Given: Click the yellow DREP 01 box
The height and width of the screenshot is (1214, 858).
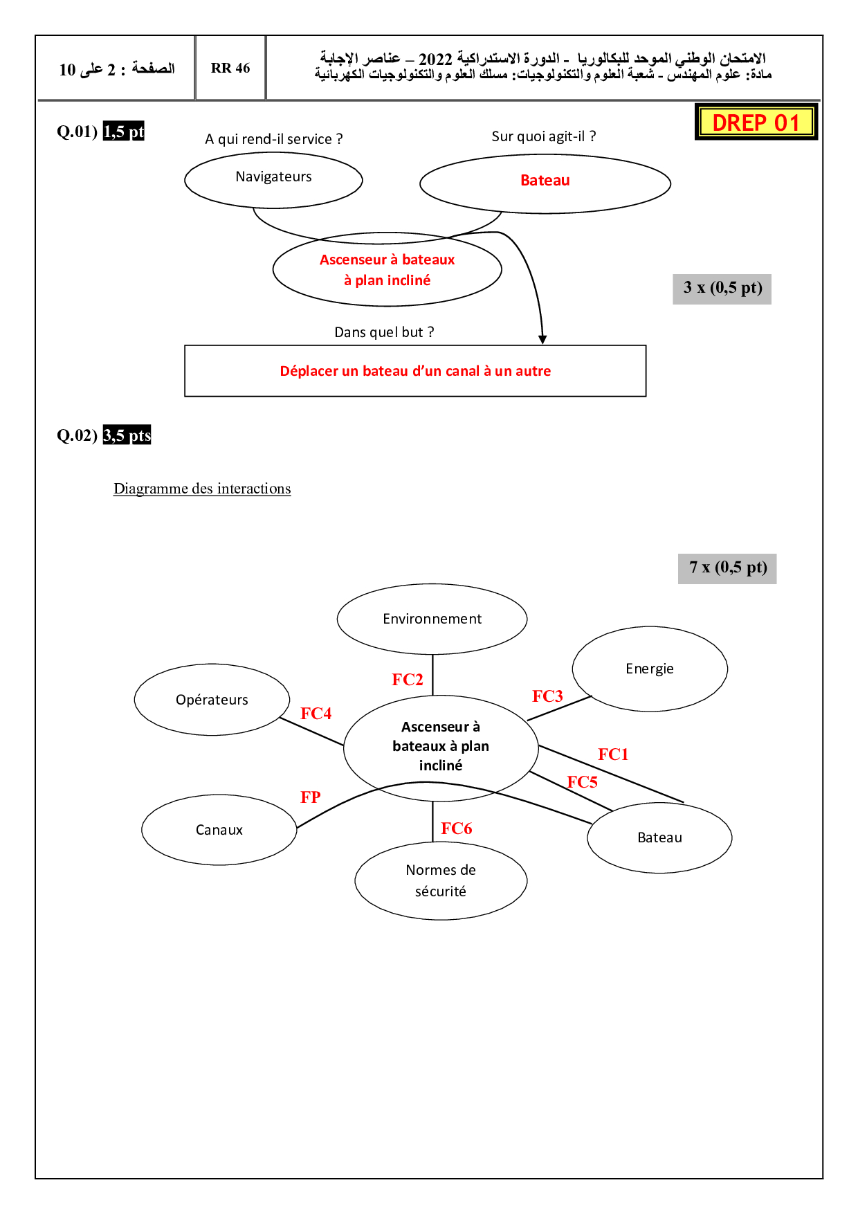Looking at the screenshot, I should (x=756, y=123).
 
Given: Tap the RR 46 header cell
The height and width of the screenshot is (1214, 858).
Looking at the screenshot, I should (x=230, y=68).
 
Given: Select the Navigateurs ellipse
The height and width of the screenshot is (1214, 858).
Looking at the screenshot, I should (x=273, y=179).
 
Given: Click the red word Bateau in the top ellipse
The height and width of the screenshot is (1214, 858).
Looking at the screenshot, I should (x=545, y=181).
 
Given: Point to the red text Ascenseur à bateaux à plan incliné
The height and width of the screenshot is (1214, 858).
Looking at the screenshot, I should (x=387, y=269).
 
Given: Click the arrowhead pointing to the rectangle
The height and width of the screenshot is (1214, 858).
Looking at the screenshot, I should (x=543, y=339).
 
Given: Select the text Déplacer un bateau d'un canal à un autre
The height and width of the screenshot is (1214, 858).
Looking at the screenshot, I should (x=415, y=371).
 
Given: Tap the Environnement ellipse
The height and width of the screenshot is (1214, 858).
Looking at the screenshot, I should (x=432, y=619).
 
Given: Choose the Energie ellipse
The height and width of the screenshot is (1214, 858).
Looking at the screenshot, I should (x=650, y=669).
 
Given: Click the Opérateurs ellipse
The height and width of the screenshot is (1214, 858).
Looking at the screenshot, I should (x=212, y=700).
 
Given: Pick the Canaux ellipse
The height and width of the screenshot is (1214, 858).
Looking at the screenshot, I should (x=219, y=830).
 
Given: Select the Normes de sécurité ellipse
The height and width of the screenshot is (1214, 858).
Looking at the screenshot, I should (x=441, y=880).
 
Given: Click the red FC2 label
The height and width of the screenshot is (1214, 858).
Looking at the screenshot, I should (x=408, y=680).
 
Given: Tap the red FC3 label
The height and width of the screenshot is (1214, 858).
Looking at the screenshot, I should (x=547, y=696).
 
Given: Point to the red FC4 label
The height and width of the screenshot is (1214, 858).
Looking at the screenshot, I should (x=316, y=714).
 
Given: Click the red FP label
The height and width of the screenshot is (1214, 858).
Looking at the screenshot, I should (x=311, y=797).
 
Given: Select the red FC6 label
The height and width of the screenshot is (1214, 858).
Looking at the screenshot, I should (x=457, y=828).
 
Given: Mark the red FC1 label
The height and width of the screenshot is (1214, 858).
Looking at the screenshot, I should (x=613, y=754).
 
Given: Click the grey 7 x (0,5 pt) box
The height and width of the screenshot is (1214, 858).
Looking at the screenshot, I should (x=727, y=568).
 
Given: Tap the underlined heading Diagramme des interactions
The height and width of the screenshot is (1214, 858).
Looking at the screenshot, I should (x=202, y=489).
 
